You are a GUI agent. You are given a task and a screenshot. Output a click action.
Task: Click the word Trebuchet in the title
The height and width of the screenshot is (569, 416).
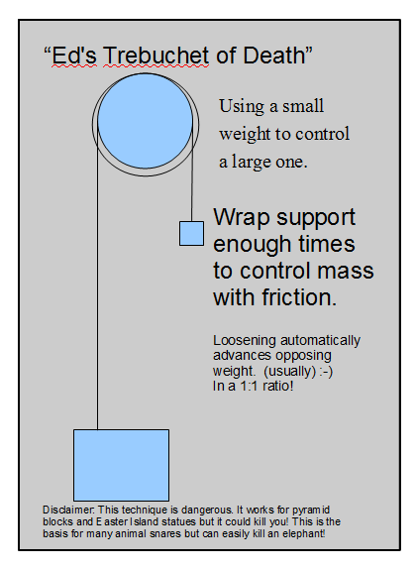click(x=156, y=56)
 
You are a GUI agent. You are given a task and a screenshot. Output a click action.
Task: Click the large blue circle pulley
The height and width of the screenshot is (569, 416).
click(x=145, y=121)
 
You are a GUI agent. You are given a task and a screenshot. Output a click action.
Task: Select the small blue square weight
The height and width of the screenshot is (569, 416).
click(x=191, y=234)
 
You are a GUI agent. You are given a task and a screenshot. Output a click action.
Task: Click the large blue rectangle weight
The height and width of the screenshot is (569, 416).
click(x=121, y=465)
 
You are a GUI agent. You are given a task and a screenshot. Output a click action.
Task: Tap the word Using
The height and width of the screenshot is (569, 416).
click(x=242, y=106)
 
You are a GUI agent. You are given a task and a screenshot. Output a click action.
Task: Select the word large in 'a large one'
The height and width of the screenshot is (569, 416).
click(x=252, y=162)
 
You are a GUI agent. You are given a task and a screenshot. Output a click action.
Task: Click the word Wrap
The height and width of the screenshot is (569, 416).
click(x=242, y=218)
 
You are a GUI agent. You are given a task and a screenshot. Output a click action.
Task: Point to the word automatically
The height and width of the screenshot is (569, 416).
click(x=320, y=341)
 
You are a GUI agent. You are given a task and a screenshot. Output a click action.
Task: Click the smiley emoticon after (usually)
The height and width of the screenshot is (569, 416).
click(x=326, y=371)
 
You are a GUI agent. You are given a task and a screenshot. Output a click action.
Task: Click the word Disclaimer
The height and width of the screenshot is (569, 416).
click(x=68, y=510)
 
